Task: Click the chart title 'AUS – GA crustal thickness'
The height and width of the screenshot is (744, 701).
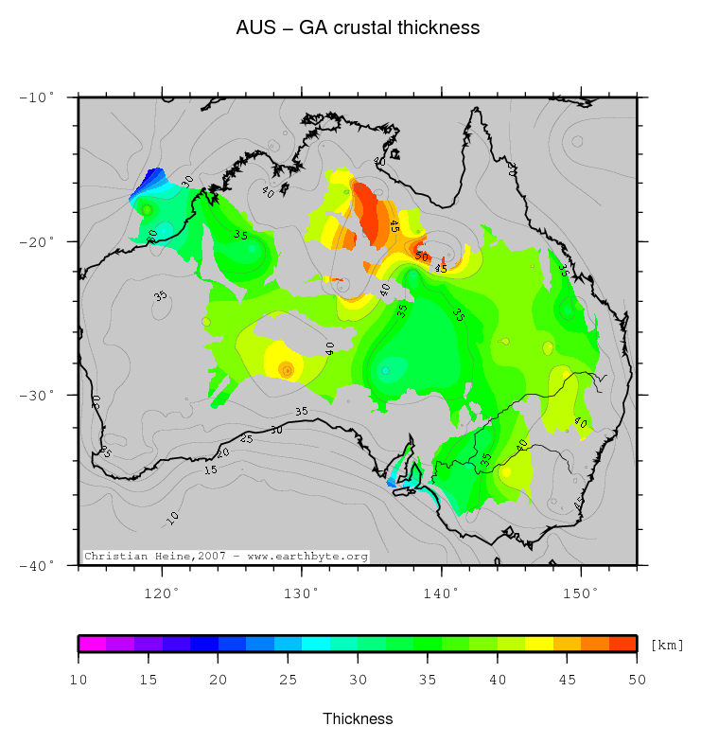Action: (358, 28)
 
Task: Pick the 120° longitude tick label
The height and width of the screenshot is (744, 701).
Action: (162, 593)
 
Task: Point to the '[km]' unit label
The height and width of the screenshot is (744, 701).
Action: (667, 645)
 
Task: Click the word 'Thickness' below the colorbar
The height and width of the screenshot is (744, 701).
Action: (358, 718)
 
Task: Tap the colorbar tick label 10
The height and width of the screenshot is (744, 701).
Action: (79, 679)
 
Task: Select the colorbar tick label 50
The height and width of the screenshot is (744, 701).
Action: (637, 679)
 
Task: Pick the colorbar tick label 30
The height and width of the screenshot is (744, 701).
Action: (358, 679)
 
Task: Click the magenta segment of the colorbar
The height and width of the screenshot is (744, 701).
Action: (92, 644)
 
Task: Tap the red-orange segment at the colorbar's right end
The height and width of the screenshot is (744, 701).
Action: (622, 644)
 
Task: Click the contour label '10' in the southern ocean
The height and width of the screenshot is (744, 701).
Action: (173, 516)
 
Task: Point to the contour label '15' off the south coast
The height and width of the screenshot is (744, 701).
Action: (210, 469)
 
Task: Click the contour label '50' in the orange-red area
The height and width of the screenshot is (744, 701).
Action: (422, 257)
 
